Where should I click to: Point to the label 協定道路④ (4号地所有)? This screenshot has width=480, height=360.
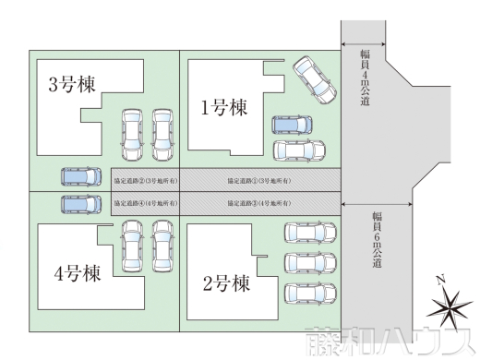144,200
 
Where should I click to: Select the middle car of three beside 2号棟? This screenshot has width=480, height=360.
308,261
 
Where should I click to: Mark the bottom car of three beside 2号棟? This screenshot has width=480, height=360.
308,293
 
